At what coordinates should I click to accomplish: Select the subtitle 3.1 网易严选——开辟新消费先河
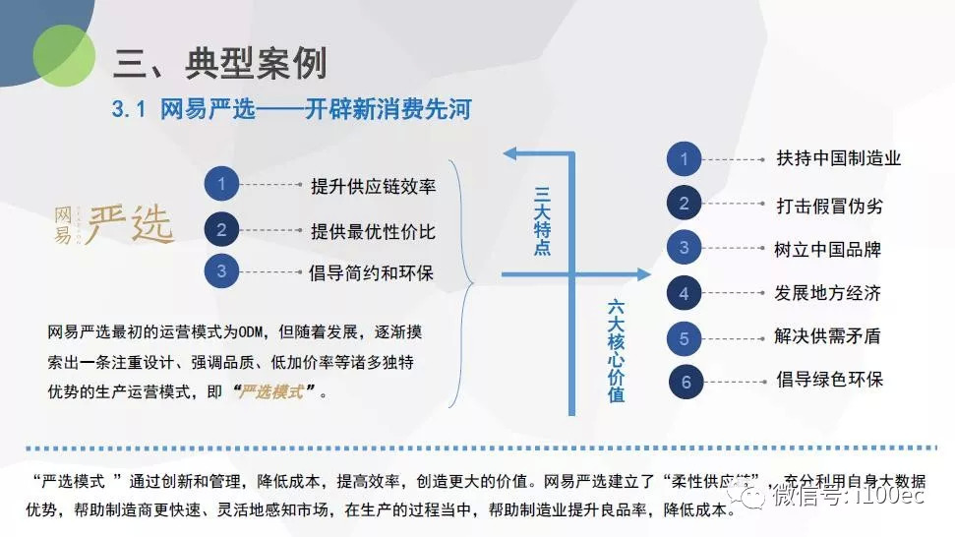coord(291,109)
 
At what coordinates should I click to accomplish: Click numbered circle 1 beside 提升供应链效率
coord(222,184)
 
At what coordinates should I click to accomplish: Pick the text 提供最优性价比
coord(373,232)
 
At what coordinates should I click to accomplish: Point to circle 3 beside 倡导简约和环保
coord(222,271)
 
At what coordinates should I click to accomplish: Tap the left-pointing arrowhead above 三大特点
coord(512,153)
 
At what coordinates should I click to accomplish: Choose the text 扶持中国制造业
coord(838,158)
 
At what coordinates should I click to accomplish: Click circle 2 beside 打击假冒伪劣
coord(685,204)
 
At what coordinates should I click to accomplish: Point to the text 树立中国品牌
coord(827,249)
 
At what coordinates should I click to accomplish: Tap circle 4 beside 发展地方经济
coord(685,292)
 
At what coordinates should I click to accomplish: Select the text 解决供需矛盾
coord(827,336)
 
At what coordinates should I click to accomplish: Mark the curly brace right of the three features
coord(462,283)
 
